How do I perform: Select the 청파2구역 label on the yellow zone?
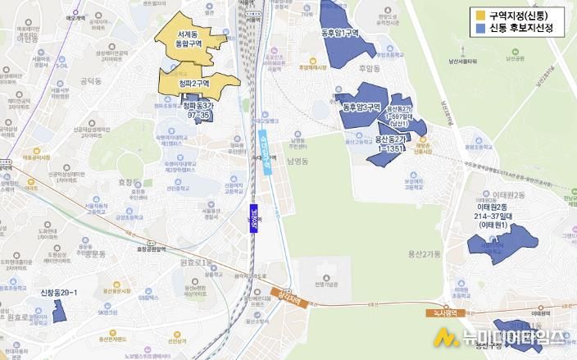coord(194,84)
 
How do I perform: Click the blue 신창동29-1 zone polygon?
coord(60,311)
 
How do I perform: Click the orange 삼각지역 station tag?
coord(291,298)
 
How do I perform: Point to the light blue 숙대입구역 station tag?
coord(266,153)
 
